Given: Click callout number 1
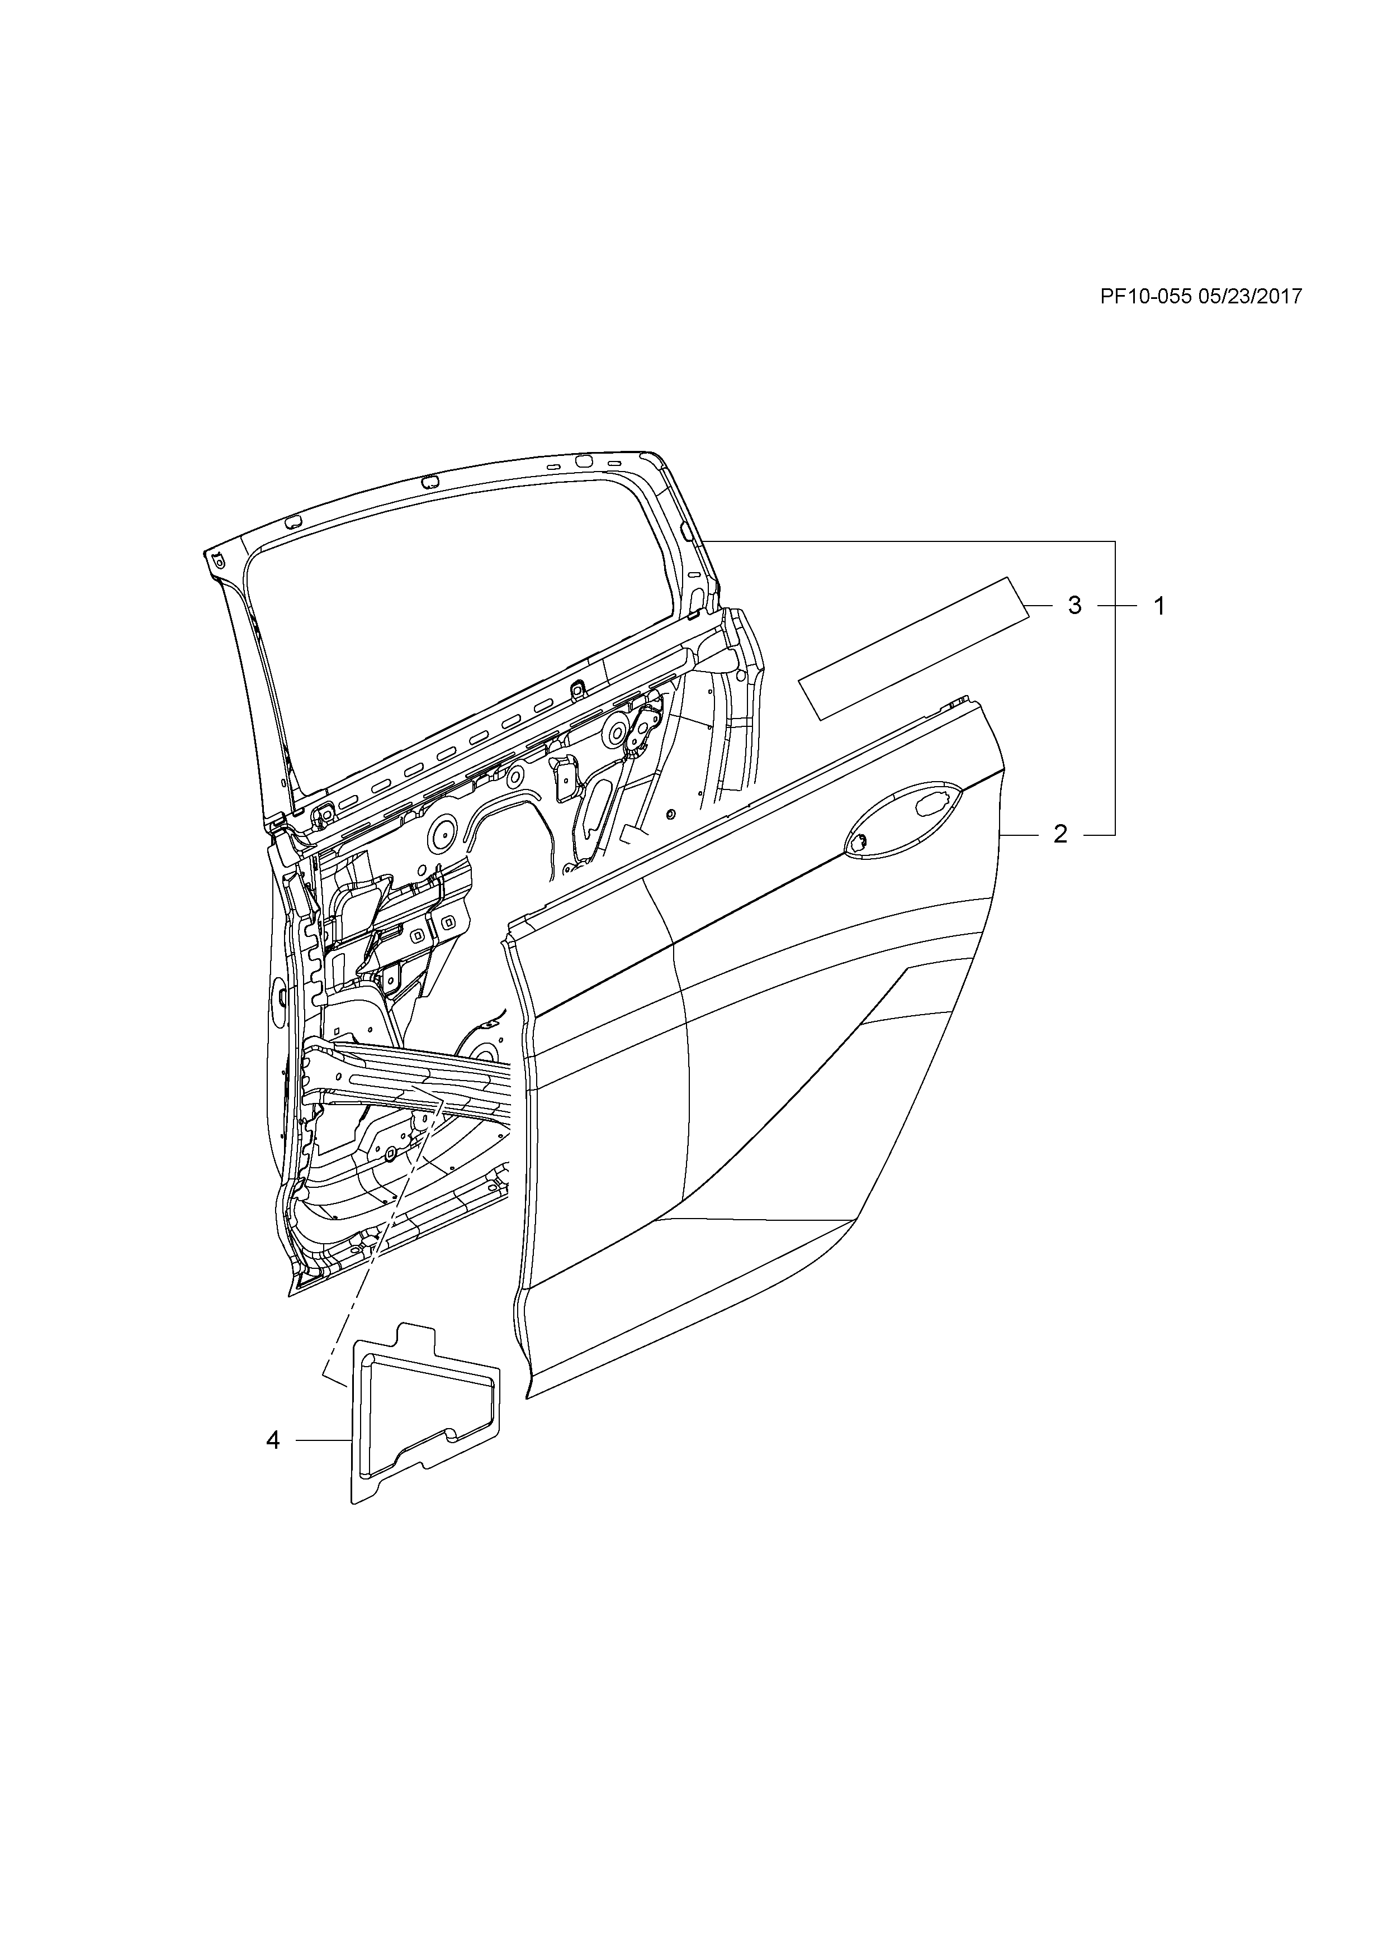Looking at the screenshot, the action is [1159, 606].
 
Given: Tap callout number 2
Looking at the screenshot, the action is [1060, 834].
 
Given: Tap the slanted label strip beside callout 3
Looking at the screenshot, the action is [914, 649].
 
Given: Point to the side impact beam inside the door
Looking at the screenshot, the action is [410, 1080].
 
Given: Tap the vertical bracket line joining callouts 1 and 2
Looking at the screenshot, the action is [1115, 687].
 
